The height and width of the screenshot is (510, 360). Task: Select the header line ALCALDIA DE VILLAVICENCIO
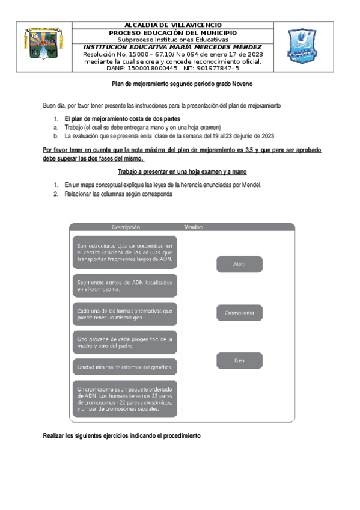point(172,25)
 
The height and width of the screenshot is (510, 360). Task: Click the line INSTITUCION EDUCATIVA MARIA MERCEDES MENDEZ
point(172,47)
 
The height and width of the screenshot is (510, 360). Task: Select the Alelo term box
point(239,264)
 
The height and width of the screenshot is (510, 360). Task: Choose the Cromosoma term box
point(239,313)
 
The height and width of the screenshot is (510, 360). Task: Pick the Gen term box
point(239,360)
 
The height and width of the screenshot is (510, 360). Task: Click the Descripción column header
point(126,227)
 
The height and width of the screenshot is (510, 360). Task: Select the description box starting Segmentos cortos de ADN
point(125,286)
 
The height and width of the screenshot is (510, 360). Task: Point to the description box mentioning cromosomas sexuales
point(125,399)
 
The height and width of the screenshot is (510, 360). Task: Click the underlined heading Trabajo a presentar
point(183,172)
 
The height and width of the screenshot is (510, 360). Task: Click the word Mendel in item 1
point(250,185)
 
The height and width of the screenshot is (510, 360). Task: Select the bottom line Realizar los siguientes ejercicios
point(121,435)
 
